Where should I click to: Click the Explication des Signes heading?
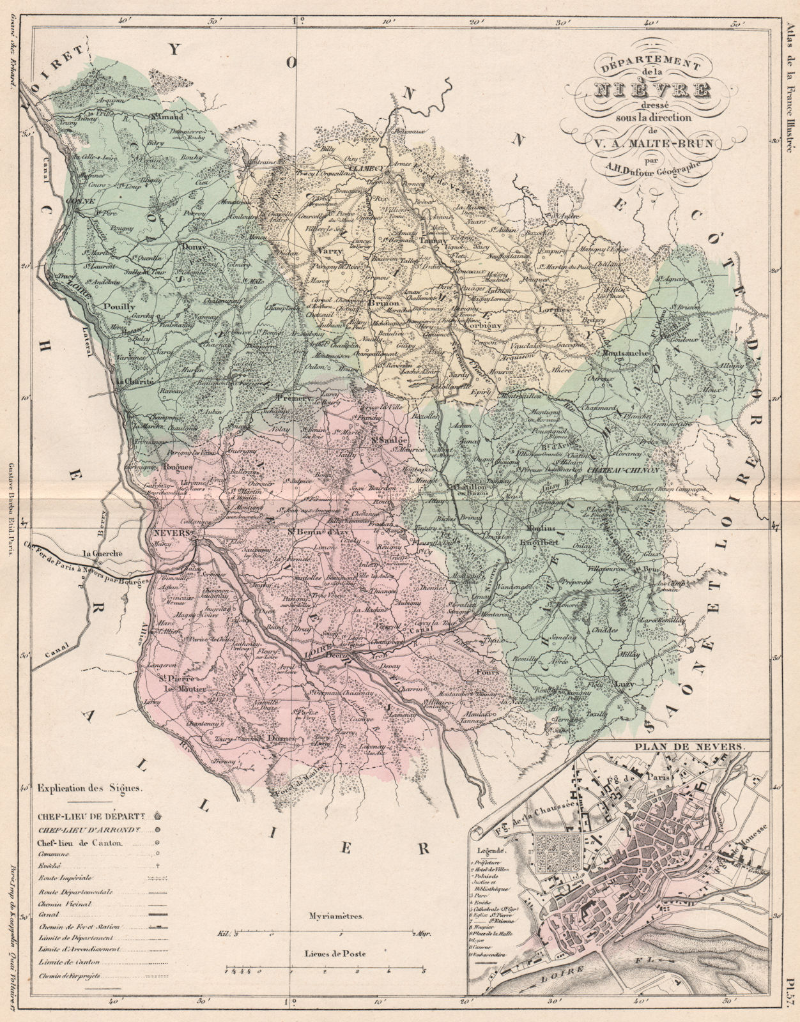[x=90, y=788]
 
